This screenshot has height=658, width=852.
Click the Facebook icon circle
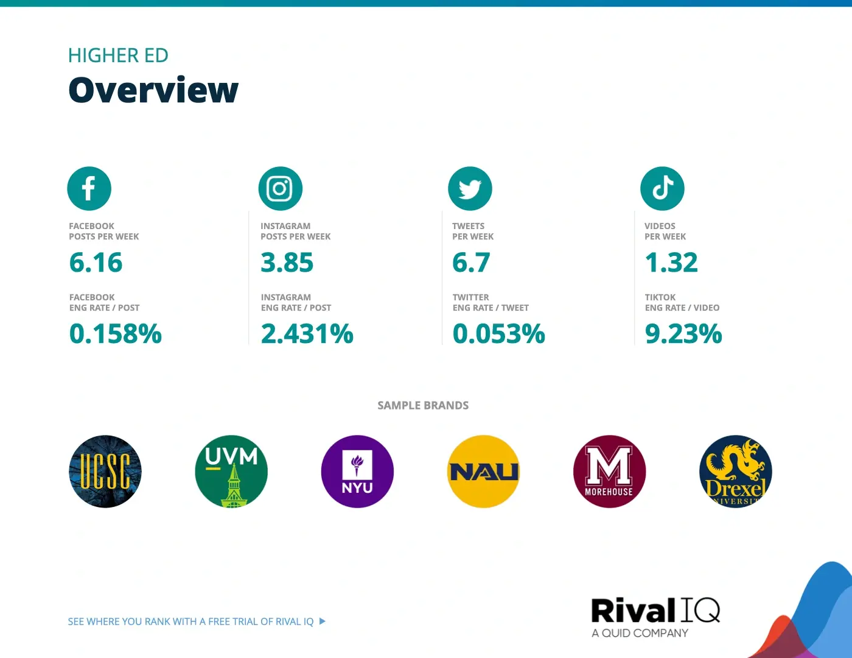tap(89, 188)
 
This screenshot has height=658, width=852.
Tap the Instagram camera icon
tap(281, 188)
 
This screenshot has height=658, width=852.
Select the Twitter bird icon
tap(470, 188)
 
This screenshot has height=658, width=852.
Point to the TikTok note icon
tap(662, 188)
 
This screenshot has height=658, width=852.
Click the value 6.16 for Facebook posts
tap(96, 262)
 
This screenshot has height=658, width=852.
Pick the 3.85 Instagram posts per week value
tap(287, 262)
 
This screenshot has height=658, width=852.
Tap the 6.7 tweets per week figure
tap(471, 262)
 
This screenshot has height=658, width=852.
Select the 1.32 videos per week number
tap(671, 262)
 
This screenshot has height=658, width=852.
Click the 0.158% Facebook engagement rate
tap(115, 333)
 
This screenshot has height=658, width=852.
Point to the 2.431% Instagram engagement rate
tap(307, 333)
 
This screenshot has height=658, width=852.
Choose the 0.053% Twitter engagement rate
tap(499, 333)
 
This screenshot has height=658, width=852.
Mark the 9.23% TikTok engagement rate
tap(683, 333)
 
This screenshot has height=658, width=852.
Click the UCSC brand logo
tap(105, 471)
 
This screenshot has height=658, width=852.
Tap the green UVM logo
tap(231, 471)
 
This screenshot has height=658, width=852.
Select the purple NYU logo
tap(357, 471)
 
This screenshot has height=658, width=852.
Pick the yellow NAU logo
tap(483, 471)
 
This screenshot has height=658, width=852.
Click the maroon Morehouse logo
tap(609, 471)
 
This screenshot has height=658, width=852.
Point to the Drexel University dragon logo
tap(736, 471)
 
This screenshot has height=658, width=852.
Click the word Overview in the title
tap(153, 90)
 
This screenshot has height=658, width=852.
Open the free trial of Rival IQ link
tap(197, 621)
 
